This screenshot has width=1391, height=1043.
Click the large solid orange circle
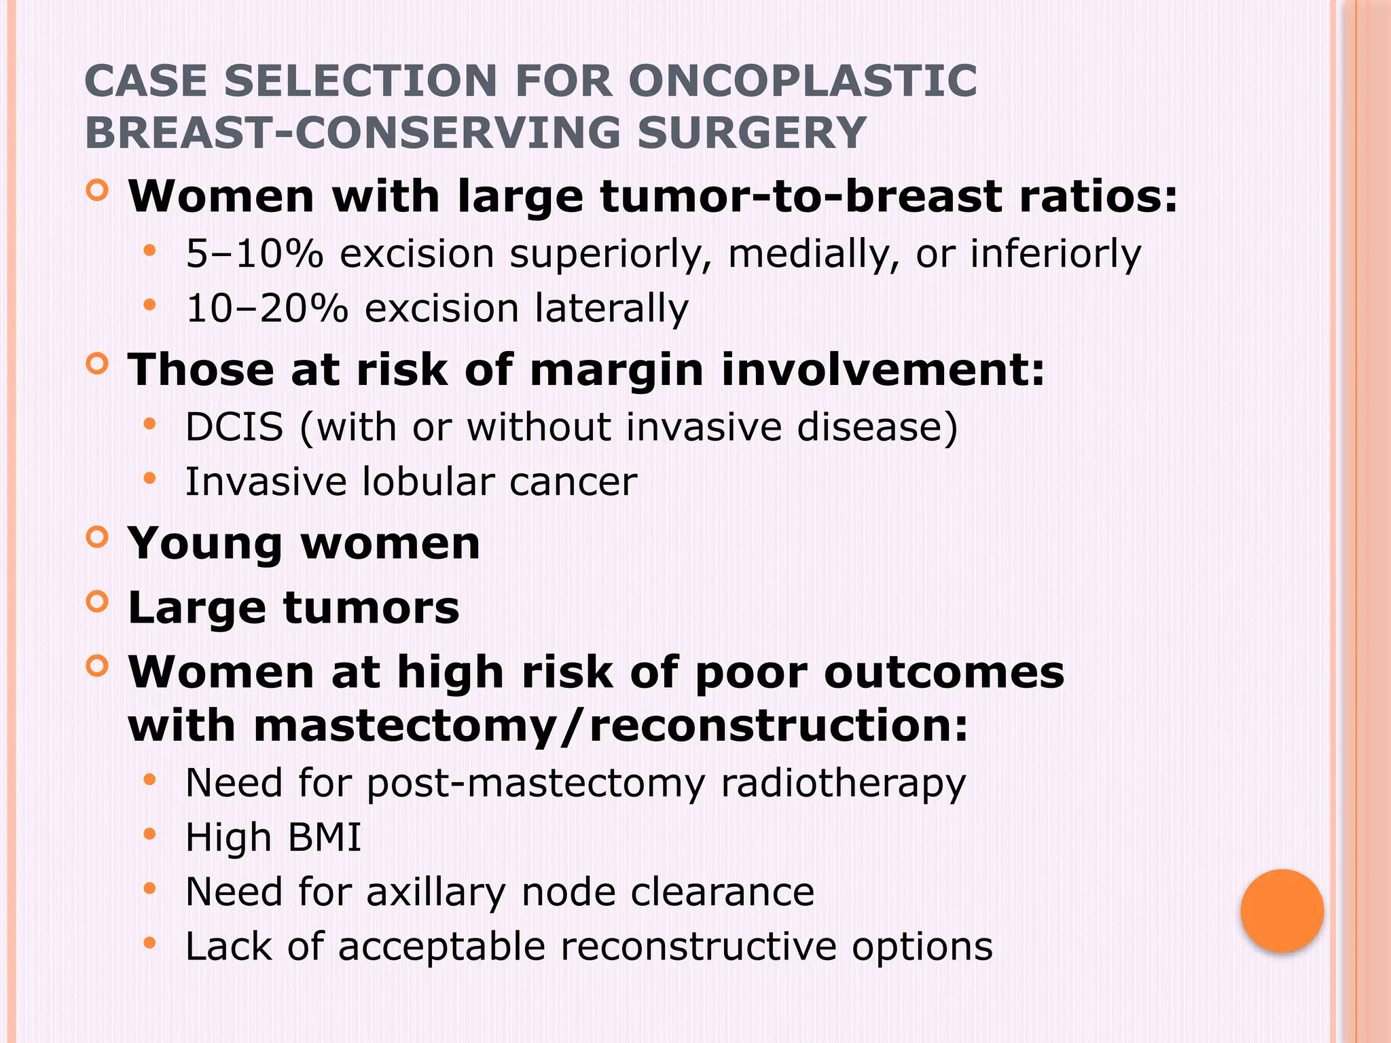click(x=1282, y=911)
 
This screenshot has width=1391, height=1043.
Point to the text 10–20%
click(x=267, y=309)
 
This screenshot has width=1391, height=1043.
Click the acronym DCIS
click(x=234, y=428)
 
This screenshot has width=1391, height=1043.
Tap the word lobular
click(x=428, y=482)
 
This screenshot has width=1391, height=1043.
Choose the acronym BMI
click(x=325, y=837)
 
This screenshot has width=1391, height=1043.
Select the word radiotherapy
click(x=843, y=784)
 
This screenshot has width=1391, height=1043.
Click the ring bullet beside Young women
click(x=98, y=538)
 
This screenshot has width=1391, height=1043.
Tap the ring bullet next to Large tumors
click(x=98, y=602)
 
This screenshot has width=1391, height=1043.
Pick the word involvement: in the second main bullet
click(x=882, y=371)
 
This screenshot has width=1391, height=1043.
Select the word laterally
click(x=611, y=309)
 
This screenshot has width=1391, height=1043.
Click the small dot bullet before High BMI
click(x=150, y=835)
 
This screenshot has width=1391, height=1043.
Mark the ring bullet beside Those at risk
click(x=98, y=365)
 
